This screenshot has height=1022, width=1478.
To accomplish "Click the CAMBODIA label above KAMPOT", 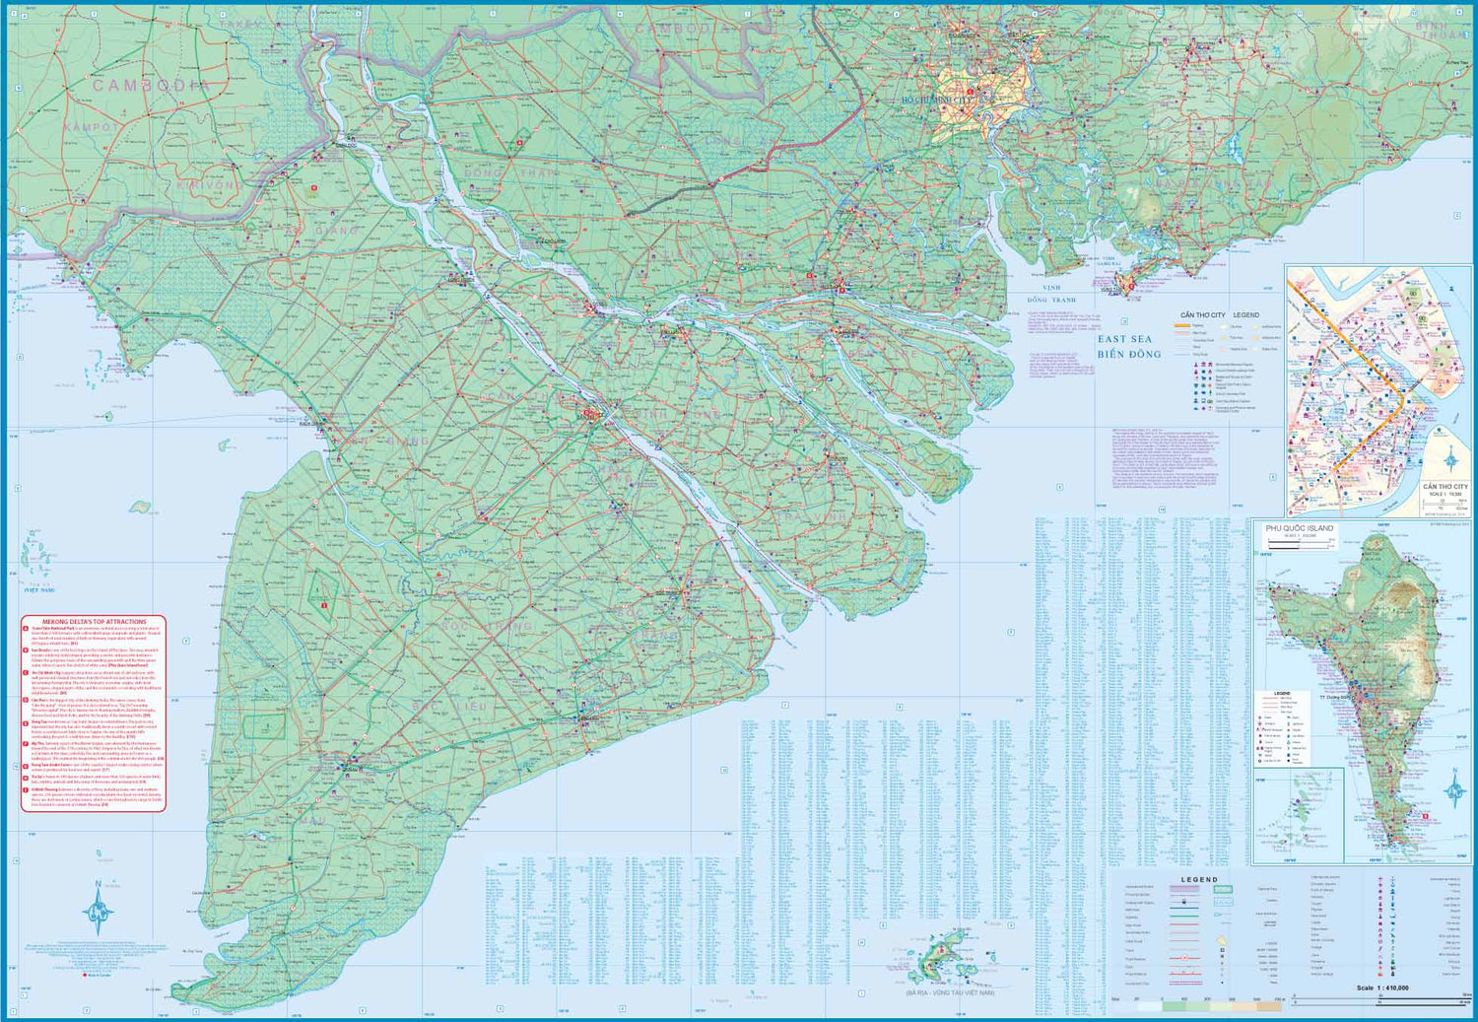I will point(151,86).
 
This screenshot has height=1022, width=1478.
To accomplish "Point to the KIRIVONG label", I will point(207,185).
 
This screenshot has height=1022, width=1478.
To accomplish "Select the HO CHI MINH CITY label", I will point(936,100).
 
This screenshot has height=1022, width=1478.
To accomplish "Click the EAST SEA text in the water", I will point(1124,339).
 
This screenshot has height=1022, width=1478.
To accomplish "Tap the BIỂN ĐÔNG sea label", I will point(1129,354).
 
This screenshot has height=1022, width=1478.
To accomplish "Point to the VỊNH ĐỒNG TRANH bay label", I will point(1051,294).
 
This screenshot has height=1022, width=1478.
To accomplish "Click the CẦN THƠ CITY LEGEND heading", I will point(1219,315).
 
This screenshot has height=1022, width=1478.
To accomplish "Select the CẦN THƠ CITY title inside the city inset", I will point(1444,487).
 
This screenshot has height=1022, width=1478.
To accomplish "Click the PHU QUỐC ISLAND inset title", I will point(1299,528).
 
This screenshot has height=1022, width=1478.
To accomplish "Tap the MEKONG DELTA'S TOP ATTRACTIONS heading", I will point(94,622).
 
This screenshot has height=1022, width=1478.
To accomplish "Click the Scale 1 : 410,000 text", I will point(1381,988).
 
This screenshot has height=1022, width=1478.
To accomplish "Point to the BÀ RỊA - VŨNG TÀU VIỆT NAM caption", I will point(951,992).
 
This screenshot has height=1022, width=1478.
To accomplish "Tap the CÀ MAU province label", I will point(296,820).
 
